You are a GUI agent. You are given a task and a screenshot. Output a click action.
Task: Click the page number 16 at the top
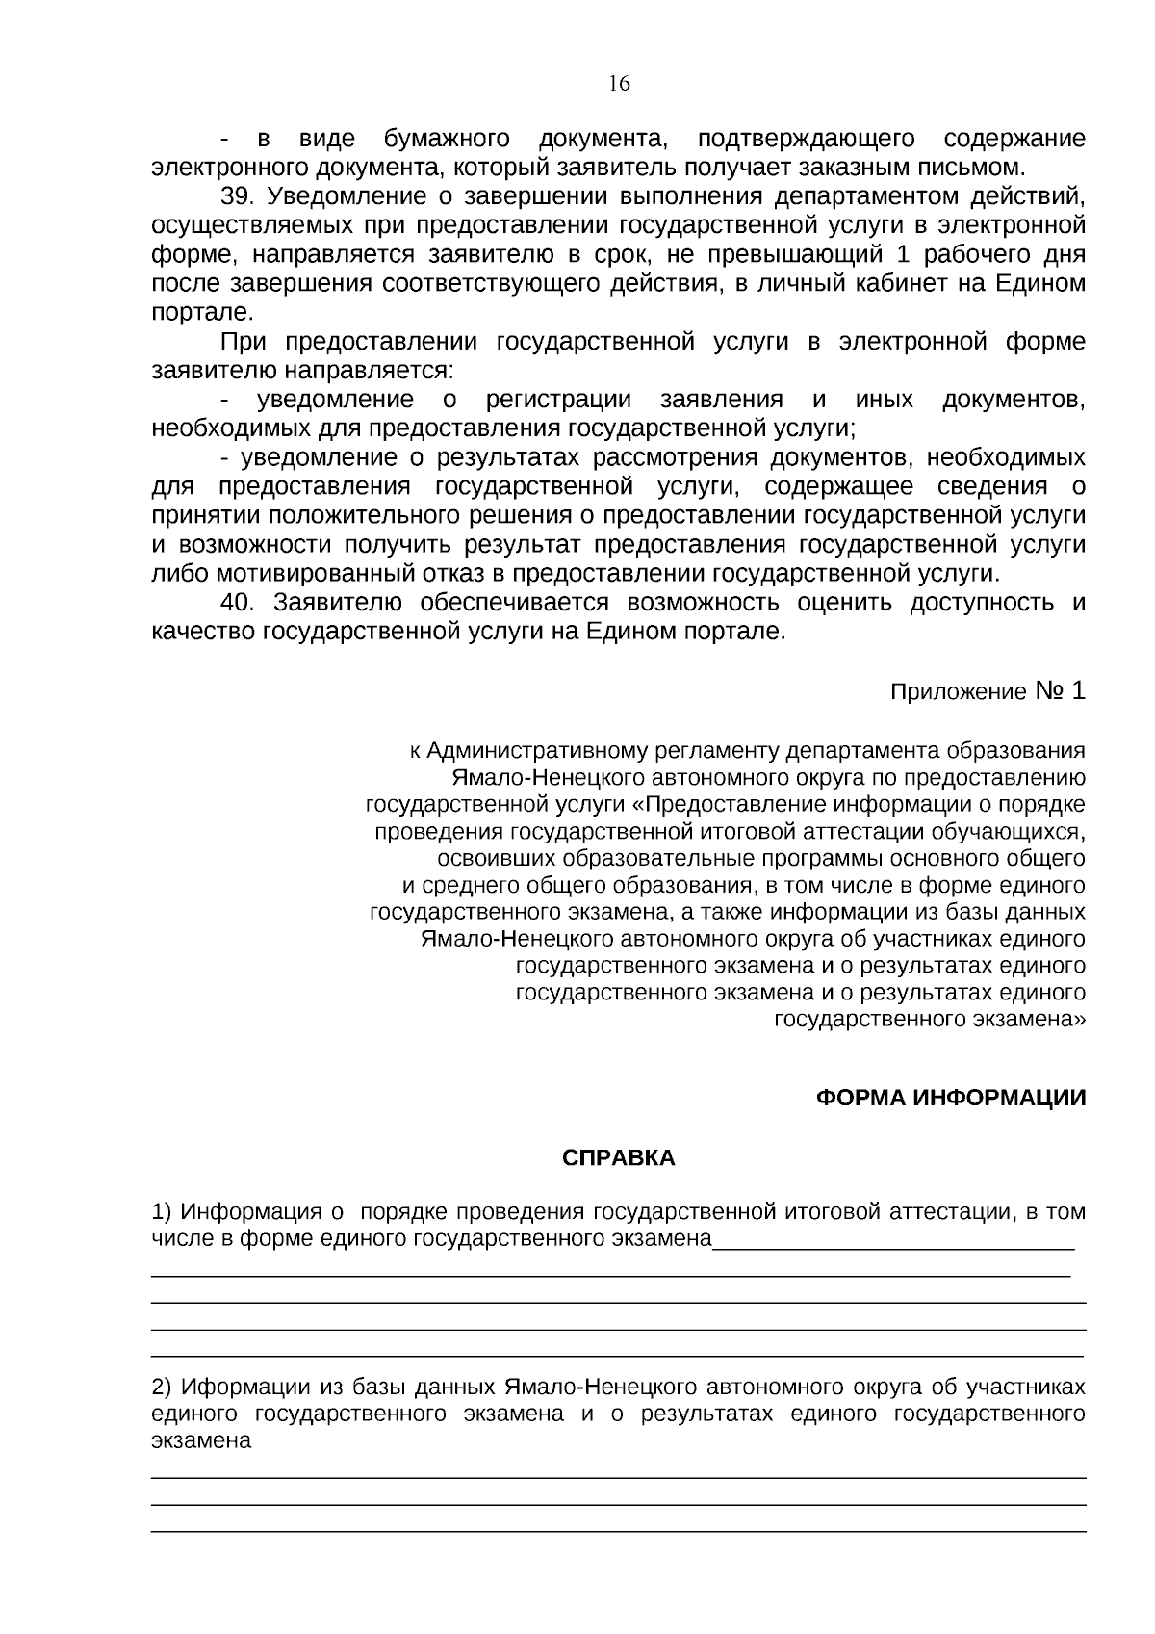(619, 84)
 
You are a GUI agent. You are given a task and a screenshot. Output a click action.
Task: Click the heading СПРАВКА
(618, 1158)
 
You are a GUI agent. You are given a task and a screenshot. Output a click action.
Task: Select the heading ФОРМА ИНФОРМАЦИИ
(950, 1099)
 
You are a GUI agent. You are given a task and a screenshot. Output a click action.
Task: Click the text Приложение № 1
(988, 691)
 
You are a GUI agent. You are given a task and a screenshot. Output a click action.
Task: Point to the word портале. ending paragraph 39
(202, 313)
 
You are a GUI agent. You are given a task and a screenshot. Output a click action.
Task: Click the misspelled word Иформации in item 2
(244, 1388)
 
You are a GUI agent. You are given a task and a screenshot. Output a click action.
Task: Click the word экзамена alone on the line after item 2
(201, 1441)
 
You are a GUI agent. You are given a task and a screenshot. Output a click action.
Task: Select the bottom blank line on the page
(618, 1530)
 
